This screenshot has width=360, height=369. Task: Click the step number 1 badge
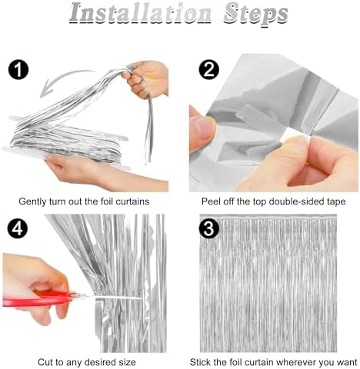click(x=18, y=70)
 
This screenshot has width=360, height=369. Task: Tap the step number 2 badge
click(x=209, y=69)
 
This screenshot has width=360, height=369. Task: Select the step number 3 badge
click(x=209, y=228)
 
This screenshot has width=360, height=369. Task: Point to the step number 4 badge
click(x=18, y=229)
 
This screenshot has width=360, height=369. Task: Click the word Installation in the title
click(x=140, y=13)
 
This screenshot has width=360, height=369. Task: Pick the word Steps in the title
click(x=255, y=15)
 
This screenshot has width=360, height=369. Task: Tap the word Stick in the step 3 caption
click(x=201, y=362)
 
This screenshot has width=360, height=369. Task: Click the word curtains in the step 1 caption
click(x=132, y=201)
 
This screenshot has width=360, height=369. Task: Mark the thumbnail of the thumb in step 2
click(x=203, y=128)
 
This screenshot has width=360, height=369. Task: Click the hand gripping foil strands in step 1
click(x=146, y=79)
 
